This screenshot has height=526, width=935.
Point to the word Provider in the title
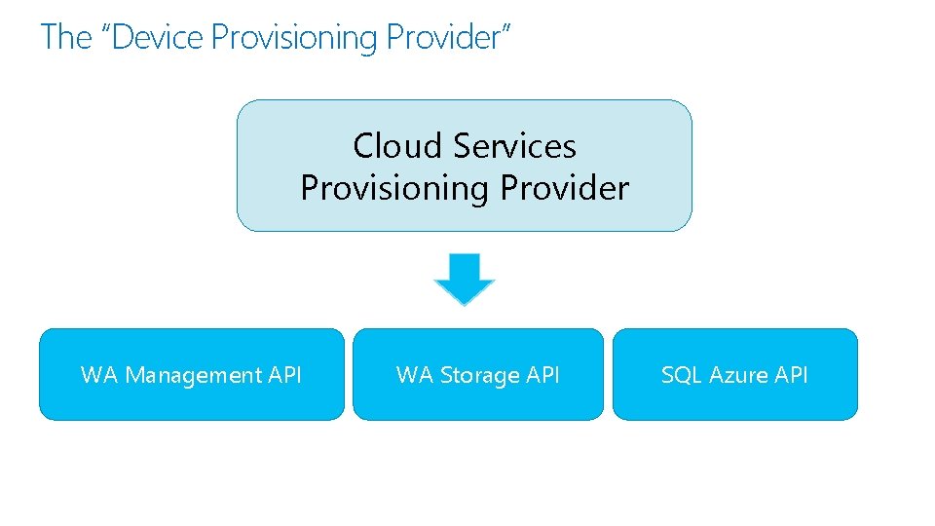click(x=443, y=38)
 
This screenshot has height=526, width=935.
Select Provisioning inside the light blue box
click(x=394, y=187)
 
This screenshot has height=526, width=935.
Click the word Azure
click(x=737, y=375)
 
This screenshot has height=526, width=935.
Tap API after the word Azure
click(x=791, y=375)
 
